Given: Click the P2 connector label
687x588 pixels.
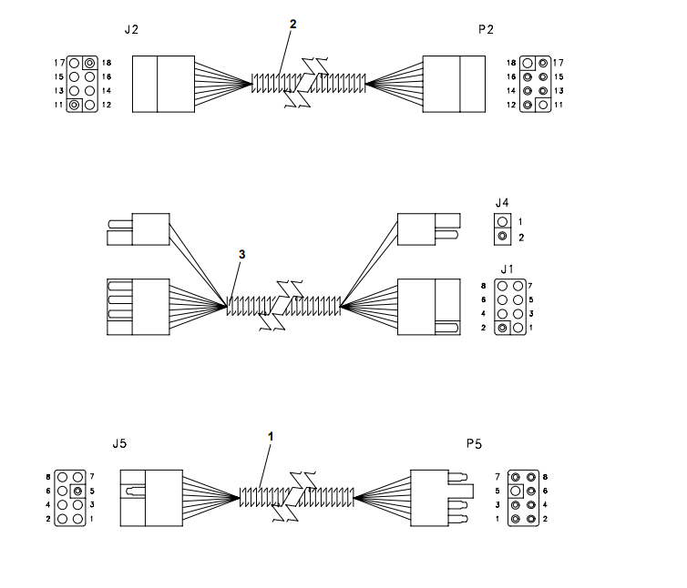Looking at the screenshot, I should (x=486, y=29).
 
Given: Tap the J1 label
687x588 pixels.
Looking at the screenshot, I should (x=508, y=269).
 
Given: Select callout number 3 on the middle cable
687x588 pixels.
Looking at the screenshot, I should (x=241, y=255).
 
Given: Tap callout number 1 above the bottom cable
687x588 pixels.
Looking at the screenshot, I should (x=271, y=437).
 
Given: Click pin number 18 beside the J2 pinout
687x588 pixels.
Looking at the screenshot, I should (x=107, y=63).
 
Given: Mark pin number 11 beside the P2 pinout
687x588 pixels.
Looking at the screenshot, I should (x=559, y=106).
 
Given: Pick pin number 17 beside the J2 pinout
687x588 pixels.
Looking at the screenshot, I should (x=58, y=63).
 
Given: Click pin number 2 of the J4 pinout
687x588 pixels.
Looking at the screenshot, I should (x=521, y=238).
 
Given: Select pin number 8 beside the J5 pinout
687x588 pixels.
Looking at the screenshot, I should (x=47, y=476).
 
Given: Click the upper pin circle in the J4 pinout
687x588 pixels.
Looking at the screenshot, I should (x=502, y=221).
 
